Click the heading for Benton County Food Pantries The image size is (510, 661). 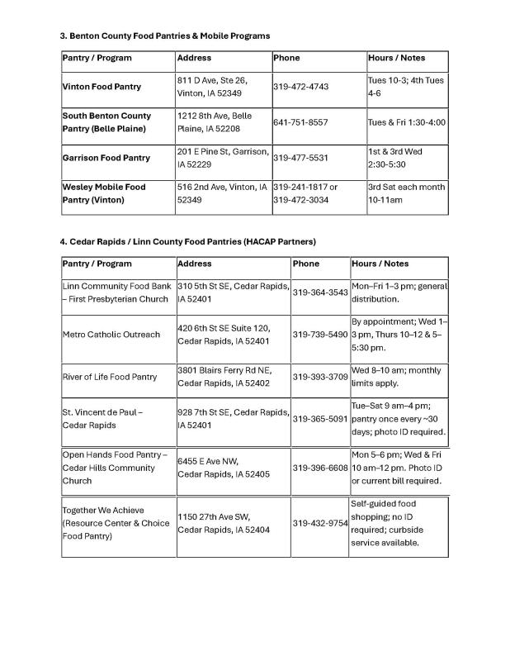pyautogui.click(x=165, y=36)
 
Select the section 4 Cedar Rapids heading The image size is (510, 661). pyautogui.click(x=187, y=241)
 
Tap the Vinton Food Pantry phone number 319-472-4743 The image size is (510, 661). pyautogui.click(x=300, y=87)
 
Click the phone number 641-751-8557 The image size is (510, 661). pyautogui.click(x=300, y=122)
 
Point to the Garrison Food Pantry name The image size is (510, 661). pyautogui.click(x=106, y=158)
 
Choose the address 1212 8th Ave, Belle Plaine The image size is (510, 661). pyautogui.click(x=215, y=122)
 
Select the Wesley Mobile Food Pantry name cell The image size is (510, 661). pyautogui.click(x=104, y=193)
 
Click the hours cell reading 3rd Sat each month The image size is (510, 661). pyautogui.click(x=406, y=193)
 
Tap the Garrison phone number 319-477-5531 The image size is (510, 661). pyautogui.click(x=300, y=158)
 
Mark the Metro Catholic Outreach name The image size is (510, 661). pyautogui.click(x=111, y=335)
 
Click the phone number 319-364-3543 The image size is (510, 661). pyautogui.click(x=320, y=292)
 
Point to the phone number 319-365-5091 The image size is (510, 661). pyautogui.click(x=320, y=419)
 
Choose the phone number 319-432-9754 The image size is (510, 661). pyautogui.click(x=320, y=523)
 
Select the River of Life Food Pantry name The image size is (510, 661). pyautogui.click(x=110, y=378)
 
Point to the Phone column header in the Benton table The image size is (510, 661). pyautogui.click(x=286, y=59)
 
